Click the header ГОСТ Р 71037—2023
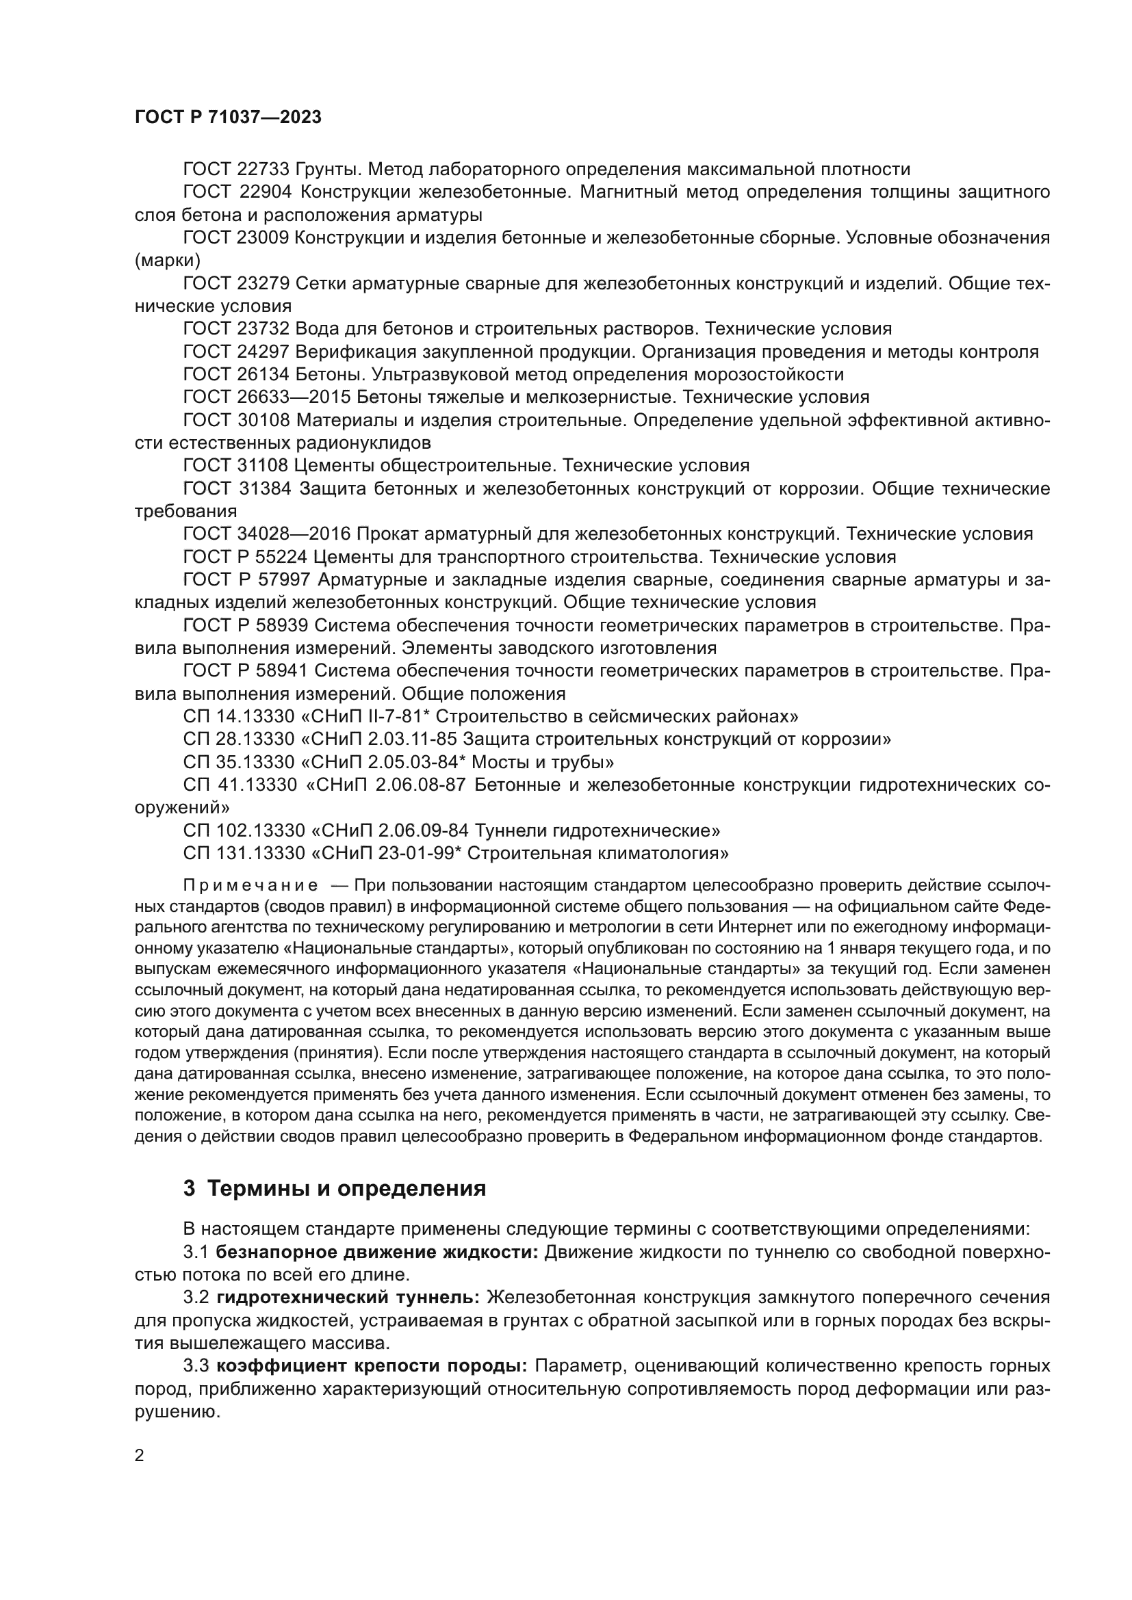228,117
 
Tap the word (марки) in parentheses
167,261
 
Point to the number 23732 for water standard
263,329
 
